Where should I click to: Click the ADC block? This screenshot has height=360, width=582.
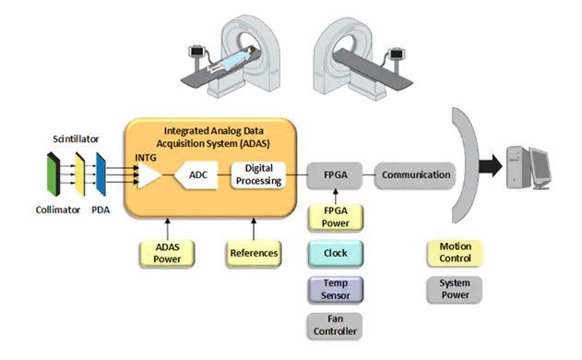click(x=196, y=174)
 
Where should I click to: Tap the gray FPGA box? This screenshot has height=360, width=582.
click(x=335, y=174)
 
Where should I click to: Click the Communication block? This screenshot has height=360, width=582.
click(x=416, y=174)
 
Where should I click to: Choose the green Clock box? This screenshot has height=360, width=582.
click(x=335, y=252)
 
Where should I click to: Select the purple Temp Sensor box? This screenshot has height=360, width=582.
click(x=335, y=287)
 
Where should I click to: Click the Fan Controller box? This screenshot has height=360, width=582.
click(x=335, y=322)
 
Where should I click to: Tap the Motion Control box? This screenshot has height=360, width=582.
click(x=454, y=252)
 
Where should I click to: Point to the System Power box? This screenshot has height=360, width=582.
click(x=454, y=288)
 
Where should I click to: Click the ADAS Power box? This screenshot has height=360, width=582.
click(x=166, y=252)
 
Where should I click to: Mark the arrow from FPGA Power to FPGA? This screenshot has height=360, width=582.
click(x=335, y=195)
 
